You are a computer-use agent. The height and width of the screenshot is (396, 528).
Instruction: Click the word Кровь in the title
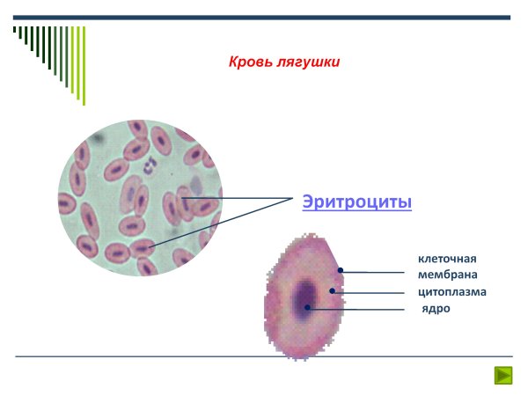(249, 62)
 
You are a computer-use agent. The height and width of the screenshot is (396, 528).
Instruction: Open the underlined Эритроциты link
(356, 202)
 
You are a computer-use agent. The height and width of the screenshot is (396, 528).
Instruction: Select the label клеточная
(447, 259)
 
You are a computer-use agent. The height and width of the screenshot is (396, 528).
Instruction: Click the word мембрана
(448, 275)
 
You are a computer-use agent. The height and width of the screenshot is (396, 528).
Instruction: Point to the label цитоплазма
(452, 291)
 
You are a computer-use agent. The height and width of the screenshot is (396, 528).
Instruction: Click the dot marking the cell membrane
(341, 272)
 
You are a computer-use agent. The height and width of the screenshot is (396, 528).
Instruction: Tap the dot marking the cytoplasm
(333, 290)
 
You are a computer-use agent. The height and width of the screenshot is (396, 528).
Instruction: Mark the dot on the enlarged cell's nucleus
(308, 307)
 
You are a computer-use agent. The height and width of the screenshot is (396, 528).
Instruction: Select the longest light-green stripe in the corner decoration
(84, 65)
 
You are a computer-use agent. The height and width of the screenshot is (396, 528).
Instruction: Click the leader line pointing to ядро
(361, 308)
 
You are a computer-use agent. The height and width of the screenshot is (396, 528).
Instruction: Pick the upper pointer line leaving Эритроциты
(238, 198)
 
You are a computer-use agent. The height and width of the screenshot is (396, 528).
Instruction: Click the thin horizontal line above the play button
(264, 356)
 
